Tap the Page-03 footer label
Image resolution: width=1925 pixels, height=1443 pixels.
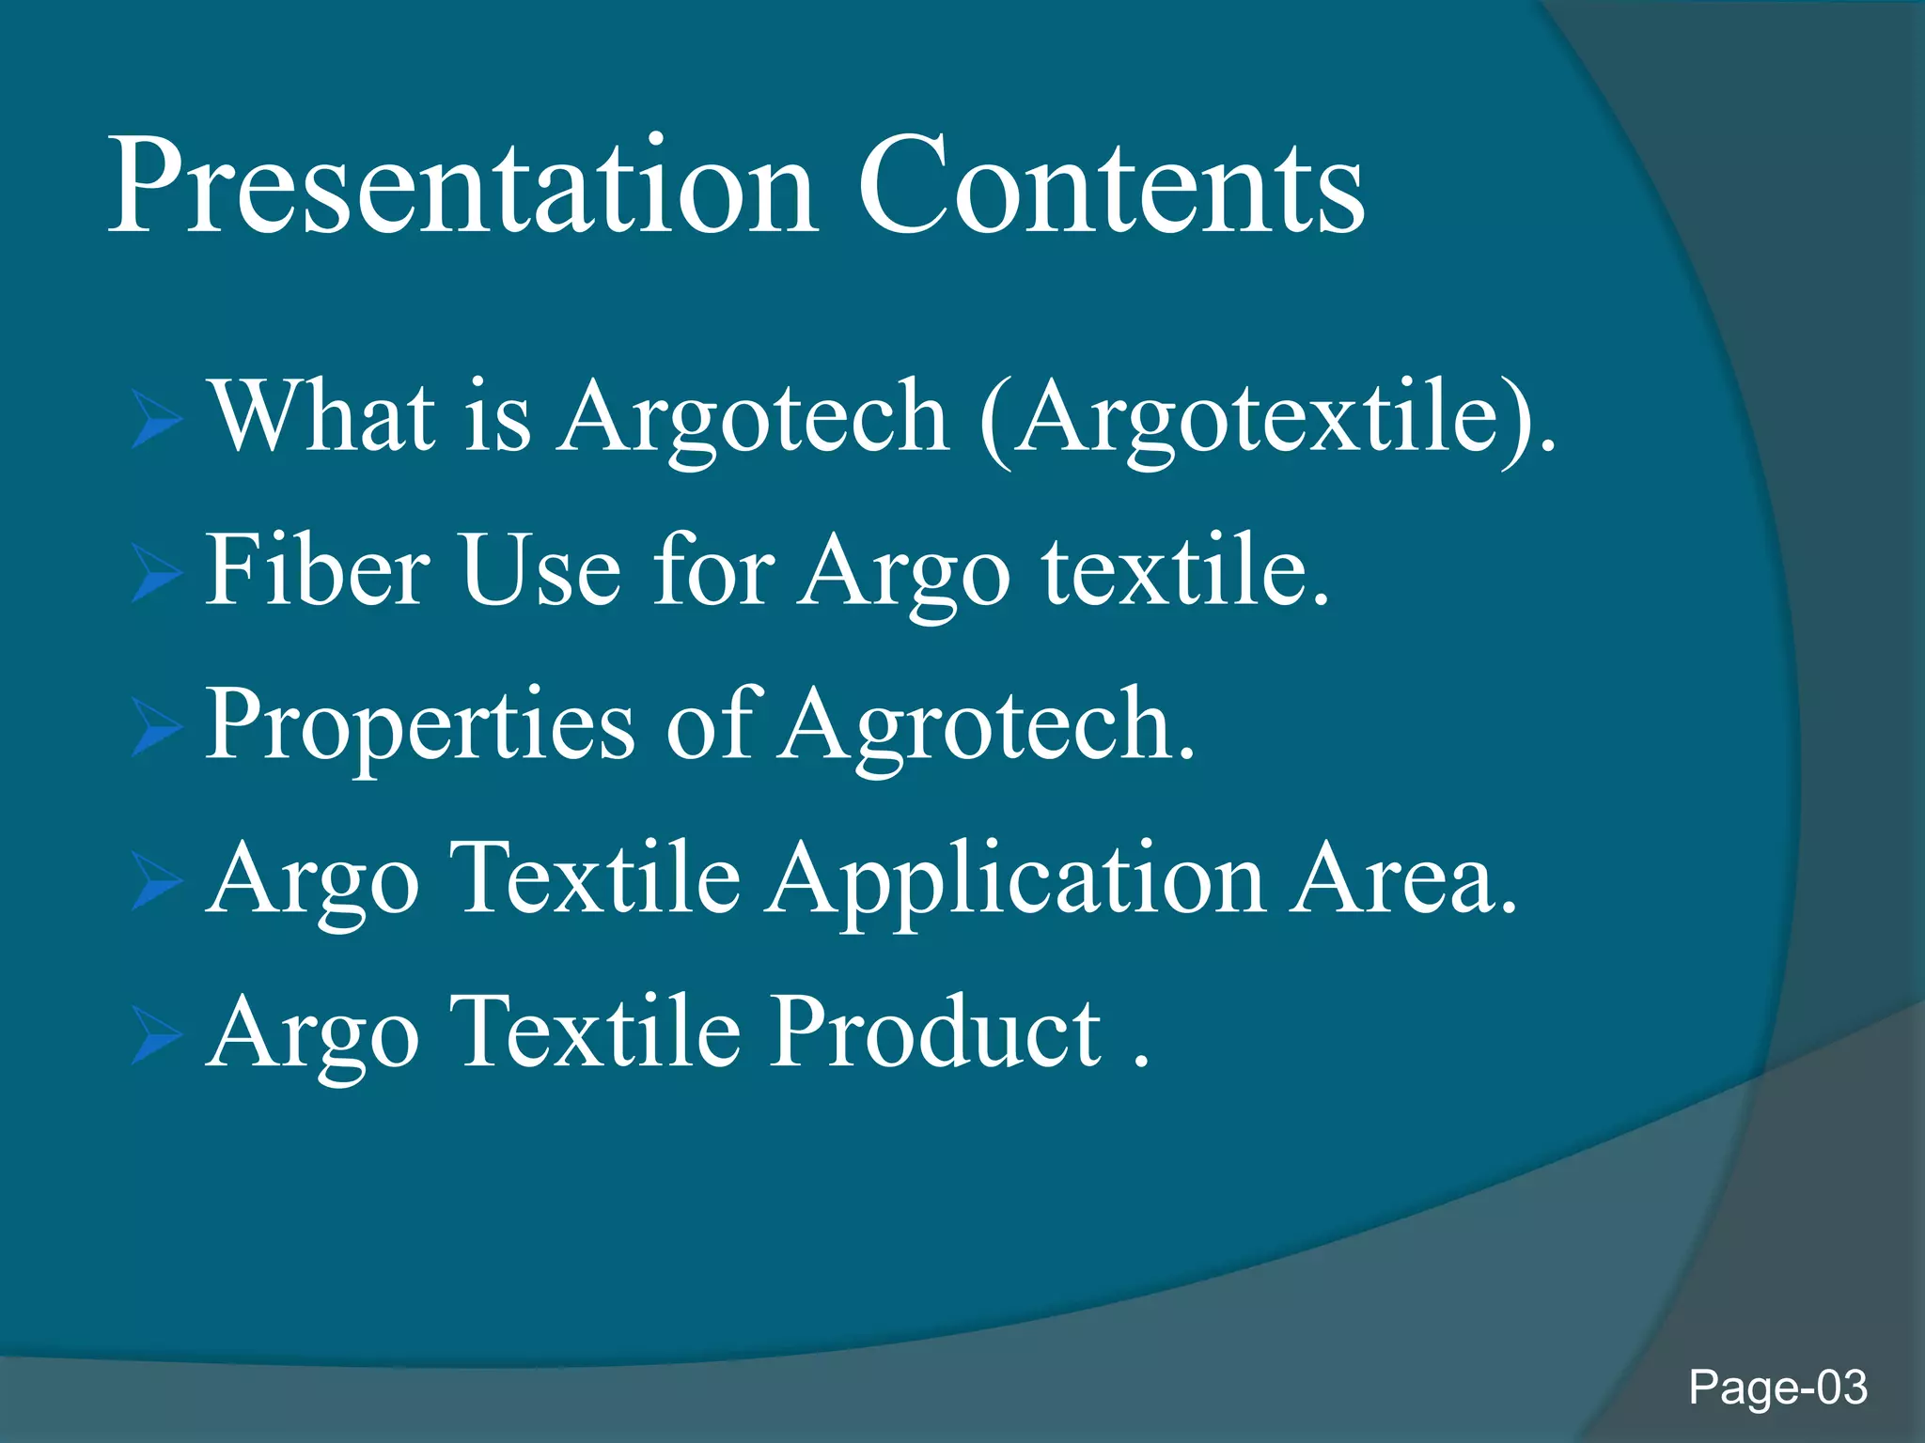click(1776, 1388)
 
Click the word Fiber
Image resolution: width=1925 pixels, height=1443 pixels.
click(318, 569)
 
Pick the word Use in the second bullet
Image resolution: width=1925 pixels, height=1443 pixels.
click(541, 569)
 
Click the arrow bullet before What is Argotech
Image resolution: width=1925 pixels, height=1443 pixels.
click(156, 419)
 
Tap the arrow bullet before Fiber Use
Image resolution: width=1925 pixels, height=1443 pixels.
click(156, 573)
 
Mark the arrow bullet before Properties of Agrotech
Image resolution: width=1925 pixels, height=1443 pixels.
click(156, 727)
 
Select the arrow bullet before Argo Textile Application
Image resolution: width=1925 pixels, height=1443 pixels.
click(156, 881)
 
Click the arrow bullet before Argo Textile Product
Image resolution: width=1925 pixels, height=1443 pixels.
click(156, 1035)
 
